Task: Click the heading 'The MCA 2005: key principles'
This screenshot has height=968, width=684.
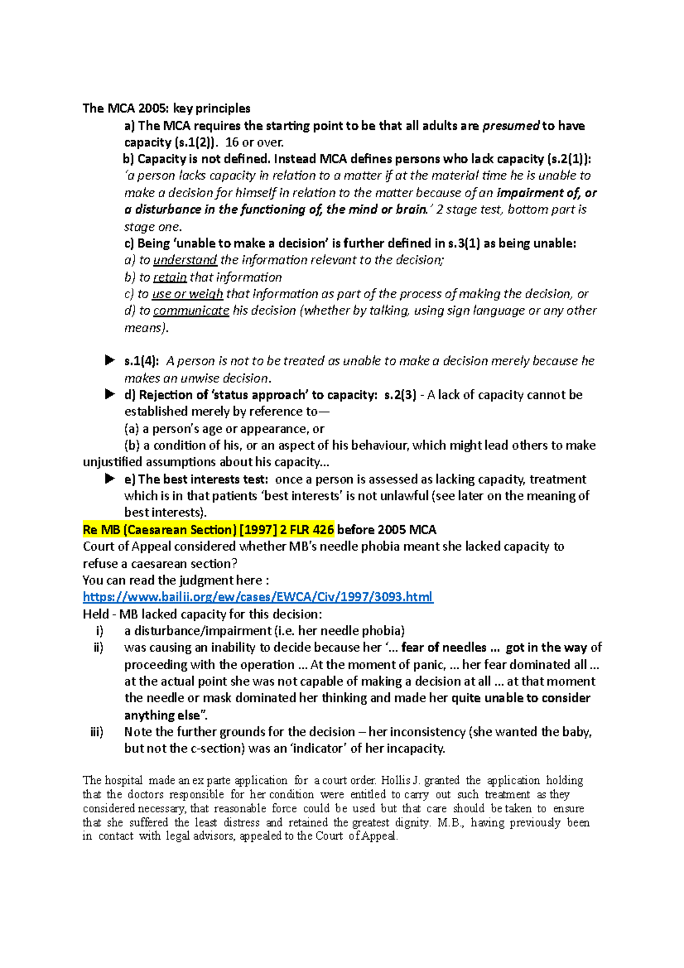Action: tap(166, 108)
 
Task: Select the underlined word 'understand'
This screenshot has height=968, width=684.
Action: tap(185, 260)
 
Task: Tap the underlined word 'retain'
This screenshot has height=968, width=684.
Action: tap(170, 277)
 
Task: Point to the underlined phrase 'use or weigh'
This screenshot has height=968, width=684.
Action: tap(188, 294)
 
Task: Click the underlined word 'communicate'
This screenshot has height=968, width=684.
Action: tap(191, 311)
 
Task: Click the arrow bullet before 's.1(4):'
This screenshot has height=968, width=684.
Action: tap(109, 360)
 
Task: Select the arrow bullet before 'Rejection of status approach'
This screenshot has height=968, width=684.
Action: tap(109, 394)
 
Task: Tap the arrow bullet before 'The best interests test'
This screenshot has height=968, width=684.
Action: tap(109, 479)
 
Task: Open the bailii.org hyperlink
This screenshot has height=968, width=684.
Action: tap(258, 597)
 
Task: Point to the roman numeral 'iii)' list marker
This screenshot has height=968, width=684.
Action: tap(97, 731)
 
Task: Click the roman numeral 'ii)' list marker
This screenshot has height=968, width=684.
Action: tap(98, 648)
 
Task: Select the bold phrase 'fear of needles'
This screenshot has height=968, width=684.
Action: tap(443, 648)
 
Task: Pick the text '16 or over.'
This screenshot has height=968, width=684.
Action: tap(254, 143)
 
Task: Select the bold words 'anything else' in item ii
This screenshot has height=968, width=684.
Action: tap(162, 715)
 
